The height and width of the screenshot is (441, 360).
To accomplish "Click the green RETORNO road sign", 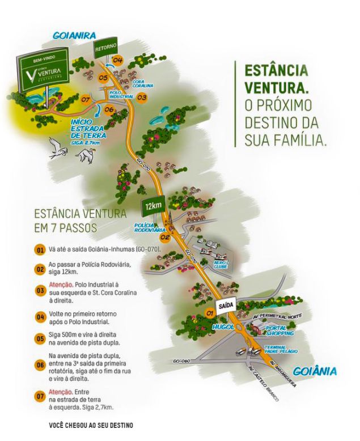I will (106, 45).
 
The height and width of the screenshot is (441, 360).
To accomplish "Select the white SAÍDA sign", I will (226, 304).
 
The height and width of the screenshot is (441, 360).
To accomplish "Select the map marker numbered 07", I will (86, 100).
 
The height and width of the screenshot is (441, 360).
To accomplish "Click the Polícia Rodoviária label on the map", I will (148, 228).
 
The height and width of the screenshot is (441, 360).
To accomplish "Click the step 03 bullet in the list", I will (40, 290).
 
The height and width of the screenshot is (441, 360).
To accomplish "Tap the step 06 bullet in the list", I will (40, 364).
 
